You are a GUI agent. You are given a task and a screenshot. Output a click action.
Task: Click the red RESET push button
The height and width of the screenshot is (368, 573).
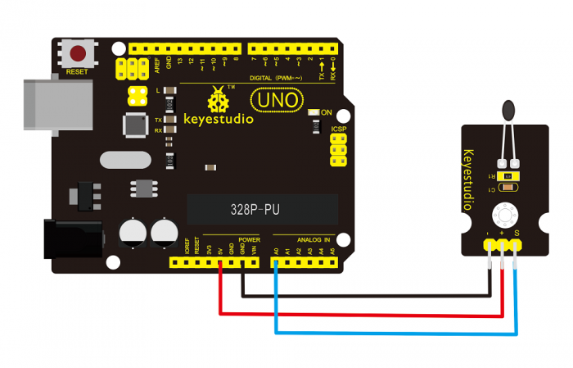pos(78,55)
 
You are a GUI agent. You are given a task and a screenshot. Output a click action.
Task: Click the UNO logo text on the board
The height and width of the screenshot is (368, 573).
pos(270,100)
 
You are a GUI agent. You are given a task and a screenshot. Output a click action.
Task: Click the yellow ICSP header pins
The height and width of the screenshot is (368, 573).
pos(336,151)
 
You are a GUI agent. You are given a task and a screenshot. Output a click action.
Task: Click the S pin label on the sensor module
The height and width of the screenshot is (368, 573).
pos(517,236)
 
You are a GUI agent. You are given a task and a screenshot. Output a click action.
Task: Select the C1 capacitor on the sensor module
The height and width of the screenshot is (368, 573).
pos(508,189)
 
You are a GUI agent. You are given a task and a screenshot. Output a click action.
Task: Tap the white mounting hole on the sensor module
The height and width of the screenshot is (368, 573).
pos(501,216)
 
